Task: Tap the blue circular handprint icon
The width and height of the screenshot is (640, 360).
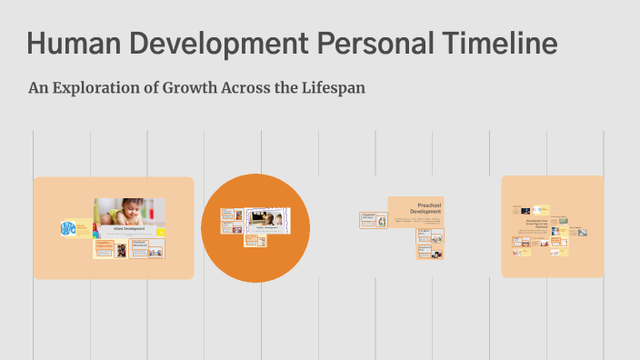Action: (68, 229)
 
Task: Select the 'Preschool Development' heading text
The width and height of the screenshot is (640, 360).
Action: (427, 209)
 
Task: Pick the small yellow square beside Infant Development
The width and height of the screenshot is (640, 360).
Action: (161, 232)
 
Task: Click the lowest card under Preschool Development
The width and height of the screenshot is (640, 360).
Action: (429, 252)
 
